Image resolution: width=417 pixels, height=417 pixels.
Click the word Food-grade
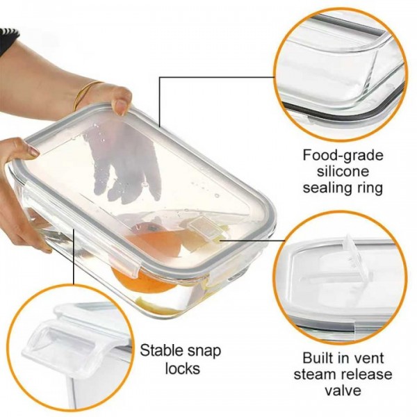[343, 155]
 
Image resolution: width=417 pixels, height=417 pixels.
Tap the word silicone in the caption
[343, 171]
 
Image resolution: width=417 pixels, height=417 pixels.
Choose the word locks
[182, 368]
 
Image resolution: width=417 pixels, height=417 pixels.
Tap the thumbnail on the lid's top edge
[122, 106]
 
